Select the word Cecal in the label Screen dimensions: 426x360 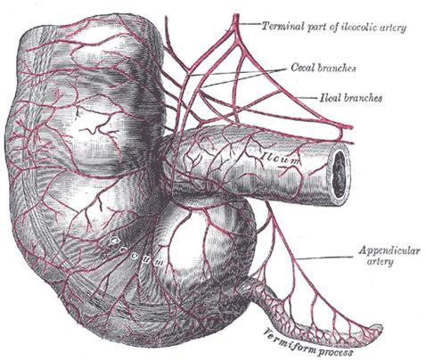(303, 68)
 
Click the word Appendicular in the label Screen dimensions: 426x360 (389, 250)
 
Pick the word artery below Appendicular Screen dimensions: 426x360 (380, 262)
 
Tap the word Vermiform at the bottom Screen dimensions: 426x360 (289, 340)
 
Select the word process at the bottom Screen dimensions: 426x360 (335, 352)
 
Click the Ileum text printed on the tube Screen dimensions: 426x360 (281, 158)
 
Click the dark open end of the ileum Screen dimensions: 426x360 (340, 173)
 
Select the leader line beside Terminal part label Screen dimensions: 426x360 (249, 24)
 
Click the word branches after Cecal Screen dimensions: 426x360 (337, 68)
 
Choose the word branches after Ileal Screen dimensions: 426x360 (363, 98)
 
